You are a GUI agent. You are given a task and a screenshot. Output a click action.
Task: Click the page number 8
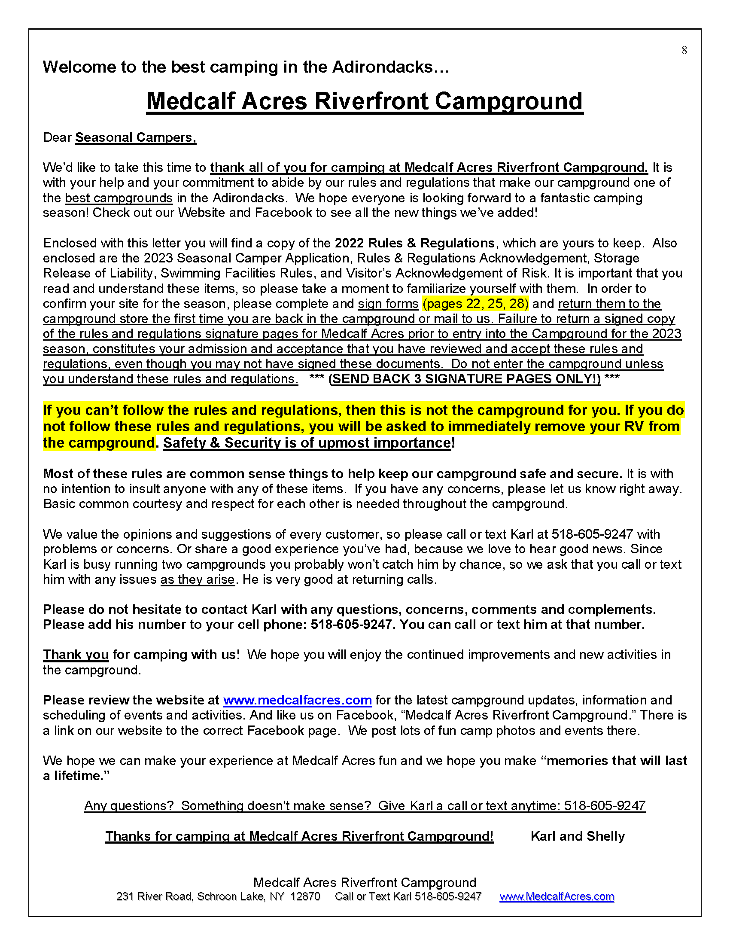click(x=684, y=51)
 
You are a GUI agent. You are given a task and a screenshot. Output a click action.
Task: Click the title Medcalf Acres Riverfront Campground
click(x=365, y=101)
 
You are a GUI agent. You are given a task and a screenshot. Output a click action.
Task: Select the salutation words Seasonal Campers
click(x=135, y=137)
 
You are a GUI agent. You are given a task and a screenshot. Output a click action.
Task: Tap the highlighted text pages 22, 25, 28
click(x=475, y=304)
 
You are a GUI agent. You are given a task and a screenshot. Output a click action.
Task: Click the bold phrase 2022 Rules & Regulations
click(x=414, y=243)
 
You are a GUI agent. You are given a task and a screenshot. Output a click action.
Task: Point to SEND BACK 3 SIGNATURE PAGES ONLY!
click(x=465, y=379)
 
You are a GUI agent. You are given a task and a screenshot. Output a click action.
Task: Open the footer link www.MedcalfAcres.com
click(x=557, y=896)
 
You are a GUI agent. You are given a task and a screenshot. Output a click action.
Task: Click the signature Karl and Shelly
click(x=577, y=836)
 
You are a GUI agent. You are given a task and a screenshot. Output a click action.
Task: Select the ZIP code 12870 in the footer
click(x=305, y=896)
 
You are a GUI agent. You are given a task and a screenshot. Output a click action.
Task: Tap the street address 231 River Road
click(x=154, y=896)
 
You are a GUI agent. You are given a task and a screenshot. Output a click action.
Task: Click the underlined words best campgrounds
click(x=119, y=198)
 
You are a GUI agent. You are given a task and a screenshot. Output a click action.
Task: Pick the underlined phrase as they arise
click(x=198, y=579)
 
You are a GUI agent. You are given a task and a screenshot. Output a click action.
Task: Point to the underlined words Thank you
click(x=76, y=655)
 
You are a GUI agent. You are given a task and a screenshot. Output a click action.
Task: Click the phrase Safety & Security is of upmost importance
click(x=307, y=443)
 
